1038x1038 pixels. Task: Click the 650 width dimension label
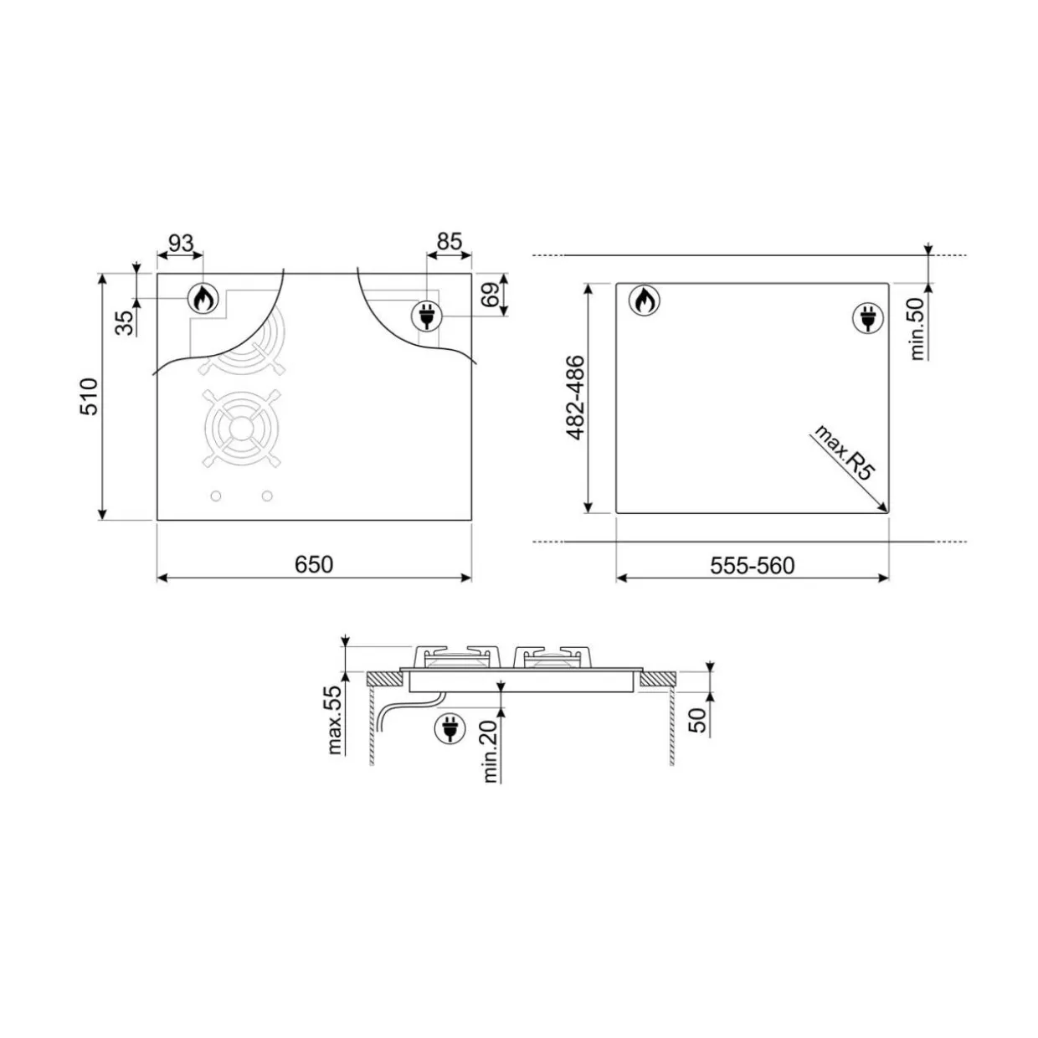[314, 564]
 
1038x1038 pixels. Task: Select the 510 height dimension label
[90, 397]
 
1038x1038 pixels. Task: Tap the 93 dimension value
[181, 243]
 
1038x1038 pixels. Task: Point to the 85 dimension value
[450, 242]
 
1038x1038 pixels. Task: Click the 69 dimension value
[491, 295]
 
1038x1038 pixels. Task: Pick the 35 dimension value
[126, 322]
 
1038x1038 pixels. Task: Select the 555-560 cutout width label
[752, 566]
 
